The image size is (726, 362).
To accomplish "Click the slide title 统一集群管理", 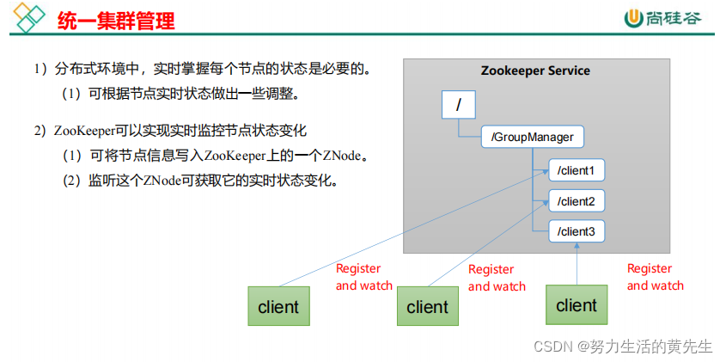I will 116,20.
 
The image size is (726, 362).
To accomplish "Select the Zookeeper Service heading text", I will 535,71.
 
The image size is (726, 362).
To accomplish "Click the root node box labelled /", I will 458,106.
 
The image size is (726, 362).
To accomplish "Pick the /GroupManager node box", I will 533,137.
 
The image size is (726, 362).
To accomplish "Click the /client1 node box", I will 577,170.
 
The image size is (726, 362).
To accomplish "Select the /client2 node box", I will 577,201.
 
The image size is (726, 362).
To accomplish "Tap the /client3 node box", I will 577,231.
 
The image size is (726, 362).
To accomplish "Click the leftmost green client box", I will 278,306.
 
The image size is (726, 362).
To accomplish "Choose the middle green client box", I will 427,306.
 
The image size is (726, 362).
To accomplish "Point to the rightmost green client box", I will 576,305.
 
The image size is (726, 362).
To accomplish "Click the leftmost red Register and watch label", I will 363,277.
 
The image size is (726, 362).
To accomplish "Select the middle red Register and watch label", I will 497,278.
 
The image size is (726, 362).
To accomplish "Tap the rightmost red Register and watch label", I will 655,277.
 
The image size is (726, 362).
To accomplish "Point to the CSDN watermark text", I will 623,347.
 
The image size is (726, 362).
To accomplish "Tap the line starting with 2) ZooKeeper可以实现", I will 171,132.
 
